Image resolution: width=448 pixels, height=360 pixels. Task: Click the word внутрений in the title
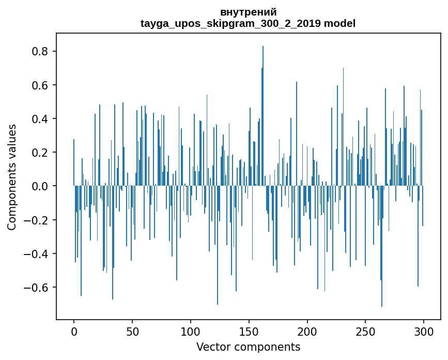click(x=248, y=12)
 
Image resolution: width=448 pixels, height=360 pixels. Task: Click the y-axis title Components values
click(x=12, y=177)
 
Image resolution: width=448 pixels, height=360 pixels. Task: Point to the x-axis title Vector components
click(x=248, y=347)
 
